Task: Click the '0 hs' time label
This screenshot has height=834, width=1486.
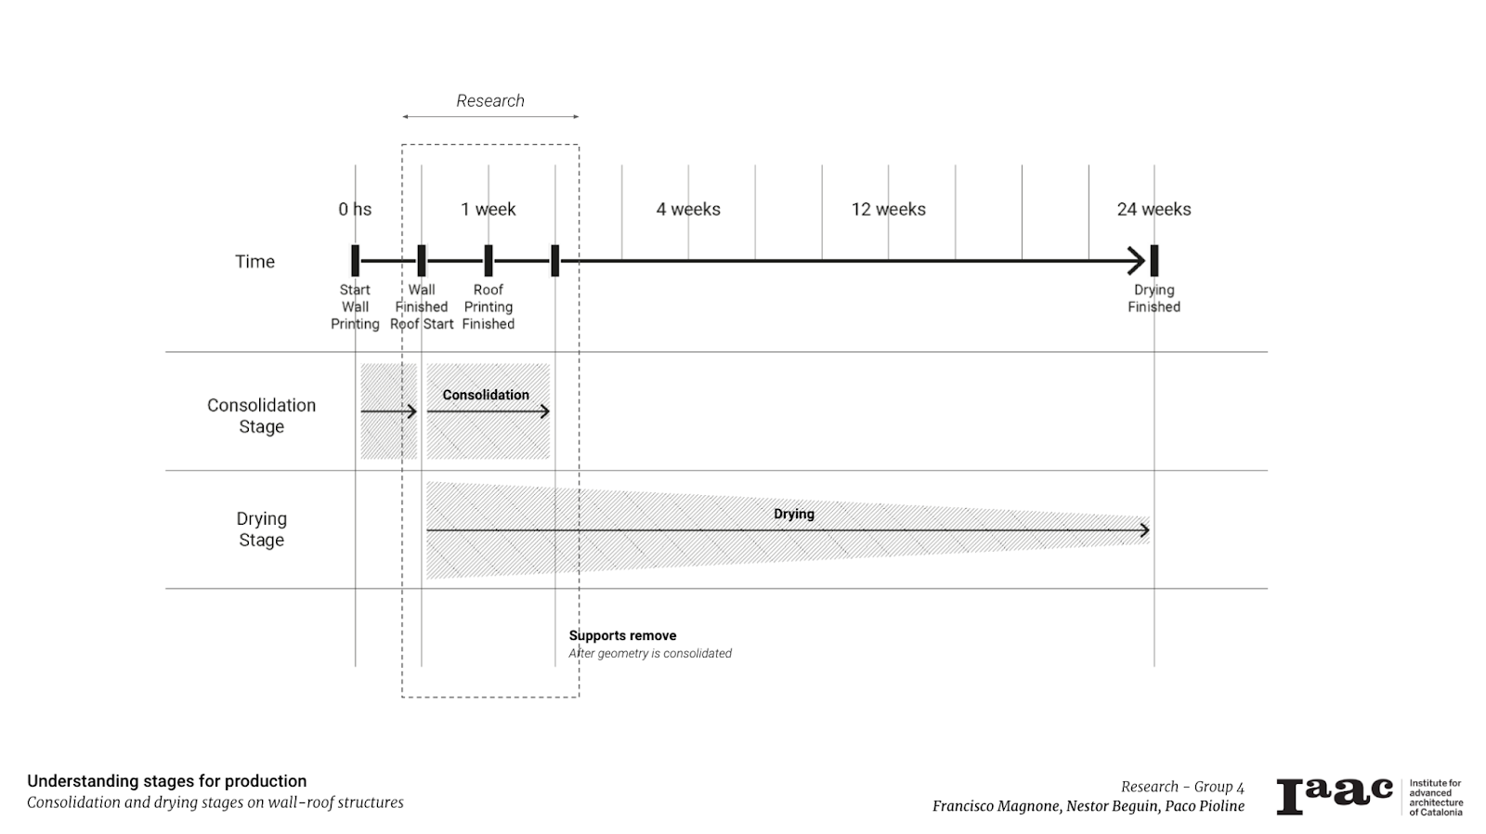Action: click(355, 209)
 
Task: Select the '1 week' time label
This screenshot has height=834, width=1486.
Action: click(489, 209)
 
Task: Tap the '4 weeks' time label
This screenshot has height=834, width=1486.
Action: click(688, 209)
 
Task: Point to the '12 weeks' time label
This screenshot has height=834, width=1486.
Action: click(889, 209)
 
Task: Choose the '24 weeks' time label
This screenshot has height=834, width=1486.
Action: click(1154, 209)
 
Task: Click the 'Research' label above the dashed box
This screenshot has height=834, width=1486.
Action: click(490, 100)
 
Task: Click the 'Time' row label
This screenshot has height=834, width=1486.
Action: click(254, 261)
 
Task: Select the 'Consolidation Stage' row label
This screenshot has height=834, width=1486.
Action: click(261, 415)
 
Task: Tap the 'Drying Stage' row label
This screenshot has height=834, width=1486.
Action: click(261, 528)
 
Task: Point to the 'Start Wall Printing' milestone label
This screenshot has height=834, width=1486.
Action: click(355, 306)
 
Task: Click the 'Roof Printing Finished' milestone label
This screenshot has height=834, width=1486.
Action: click(489, 306)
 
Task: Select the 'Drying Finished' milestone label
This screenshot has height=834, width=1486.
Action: click(1154, 298)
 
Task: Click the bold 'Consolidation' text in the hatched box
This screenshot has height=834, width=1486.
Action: click(486, 395)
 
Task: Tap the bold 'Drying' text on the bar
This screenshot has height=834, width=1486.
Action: click(794, 514)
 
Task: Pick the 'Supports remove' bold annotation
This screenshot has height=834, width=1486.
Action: click(622, 635)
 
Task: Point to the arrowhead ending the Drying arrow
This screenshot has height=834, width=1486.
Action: click(1145, 530)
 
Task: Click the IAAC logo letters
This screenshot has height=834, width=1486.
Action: click(1335, 796)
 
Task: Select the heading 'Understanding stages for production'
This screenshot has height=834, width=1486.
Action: click(167, 781)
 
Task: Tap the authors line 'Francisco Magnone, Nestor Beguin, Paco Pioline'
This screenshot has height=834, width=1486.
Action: click(1088, 805)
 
